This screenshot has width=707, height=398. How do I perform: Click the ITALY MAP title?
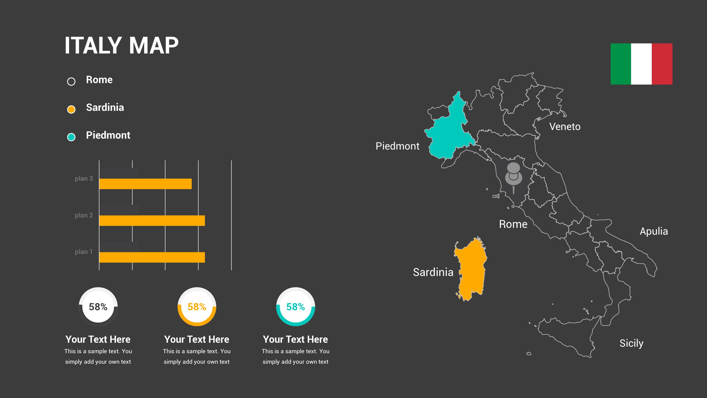point(122,46)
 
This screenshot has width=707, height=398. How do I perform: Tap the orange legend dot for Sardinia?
point(71,109)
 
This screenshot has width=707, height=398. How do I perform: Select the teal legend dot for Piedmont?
point(71,137)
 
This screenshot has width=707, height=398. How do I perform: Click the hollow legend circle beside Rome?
point(71,82)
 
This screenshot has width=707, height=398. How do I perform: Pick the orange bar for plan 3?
point(145,184)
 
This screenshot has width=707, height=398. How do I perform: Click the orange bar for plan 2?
point(152,221)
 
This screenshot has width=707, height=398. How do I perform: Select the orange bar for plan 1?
point(152,257)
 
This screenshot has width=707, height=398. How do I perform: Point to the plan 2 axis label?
point(84,215)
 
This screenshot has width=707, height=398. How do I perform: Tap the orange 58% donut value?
point(197,307)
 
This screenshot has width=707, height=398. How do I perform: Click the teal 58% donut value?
point(296,307)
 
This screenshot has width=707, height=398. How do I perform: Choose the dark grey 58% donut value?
point(98,307)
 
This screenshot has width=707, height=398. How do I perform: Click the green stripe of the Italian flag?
point(621,64)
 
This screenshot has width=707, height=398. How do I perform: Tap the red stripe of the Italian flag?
point(662,64)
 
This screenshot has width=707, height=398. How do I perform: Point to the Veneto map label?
point(565,127)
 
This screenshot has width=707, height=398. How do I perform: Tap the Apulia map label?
point(654,231)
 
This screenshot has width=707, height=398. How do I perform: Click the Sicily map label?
point(631,343)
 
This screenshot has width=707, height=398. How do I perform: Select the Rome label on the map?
point(513,224)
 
